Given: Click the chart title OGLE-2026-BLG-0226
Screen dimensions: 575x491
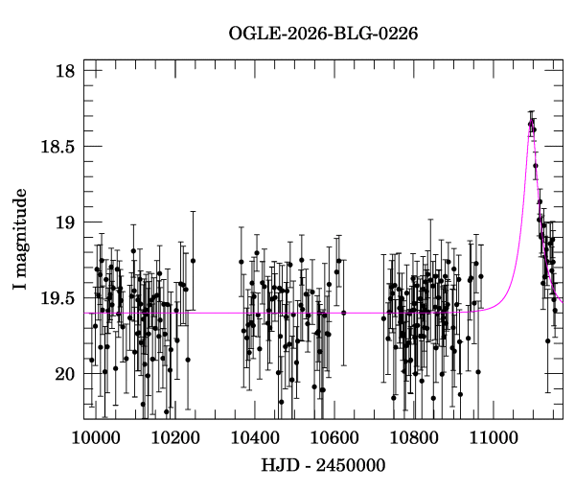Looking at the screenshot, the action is coord(323,34).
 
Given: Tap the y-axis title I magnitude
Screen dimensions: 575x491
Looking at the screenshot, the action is coord(20,239).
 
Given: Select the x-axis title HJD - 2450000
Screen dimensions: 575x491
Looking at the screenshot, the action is coord(323,465).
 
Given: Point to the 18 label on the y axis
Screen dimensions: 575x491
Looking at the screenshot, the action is coord(65,70).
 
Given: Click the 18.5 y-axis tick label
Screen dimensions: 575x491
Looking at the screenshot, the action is coord(57,147).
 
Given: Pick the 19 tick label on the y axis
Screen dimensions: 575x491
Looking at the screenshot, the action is coord(65,222).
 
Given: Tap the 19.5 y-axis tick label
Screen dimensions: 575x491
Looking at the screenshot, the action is coord(57,298).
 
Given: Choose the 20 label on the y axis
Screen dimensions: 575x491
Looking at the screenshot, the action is coord(65,374).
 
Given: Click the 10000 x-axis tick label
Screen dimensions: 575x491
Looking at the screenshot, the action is coord(96,438).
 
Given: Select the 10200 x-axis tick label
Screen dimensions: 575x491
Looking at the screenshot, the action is coord(175,438).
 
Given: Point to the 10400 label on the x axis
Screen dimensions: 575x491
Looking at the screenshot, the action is coord(255,438).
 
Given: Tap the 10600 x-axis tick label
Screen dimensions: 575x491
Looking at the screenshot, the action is coord(334,438).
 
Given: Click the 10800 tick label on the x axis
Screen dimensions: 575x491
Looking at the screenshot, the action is coord(414,438).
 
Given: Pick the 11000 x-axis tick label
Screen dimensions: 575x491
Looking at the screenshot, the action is coord(494,438).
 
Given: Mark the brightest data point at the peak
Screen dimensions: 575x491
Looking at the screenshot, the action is coord(531,124).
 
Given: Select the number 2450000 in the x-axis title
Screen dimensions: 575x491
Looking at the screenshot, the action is coord(351,465).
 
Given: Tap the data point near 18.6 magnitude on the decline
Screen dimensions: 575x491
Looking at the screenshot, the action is coord(536,166).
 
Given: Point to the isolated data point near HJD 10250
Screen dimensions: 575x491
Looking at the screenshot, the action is coord(193,261).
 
